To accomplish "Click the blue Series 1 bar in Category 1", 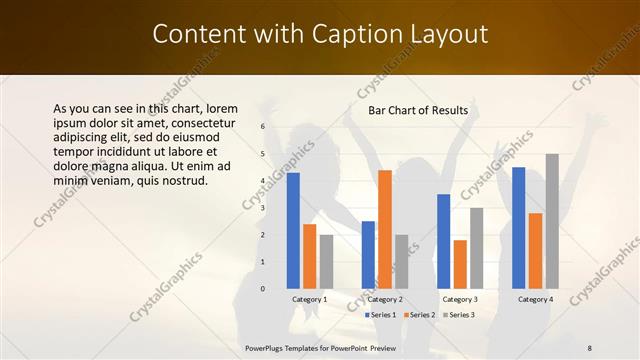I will click(x=293, y=231).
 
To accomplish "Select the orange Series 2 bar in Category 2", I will click(x=385, y=229).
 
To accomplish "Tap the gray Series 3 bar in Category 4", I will click(x=552, y=221).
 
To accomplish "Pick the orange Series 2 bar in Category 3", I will click(x=460, y=264).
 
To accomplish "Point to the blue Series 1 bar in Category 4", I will click(x=518, y=228).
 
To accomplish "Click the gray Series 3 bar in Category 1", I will click(x=327, y=262).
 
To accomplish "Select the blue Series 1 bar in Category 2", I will click(x=368, y=255).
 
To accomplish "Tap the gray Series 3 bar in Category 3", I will click(x=477, y=248).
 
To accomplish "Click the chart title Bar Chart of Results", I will click(x=418, y=110).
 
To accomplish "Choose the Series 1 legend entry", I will click(x=379, y=315).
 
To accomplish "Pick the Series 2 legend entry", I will click(x=417, y=315).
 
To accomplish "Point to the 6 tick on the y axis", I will click(x=262, y=127).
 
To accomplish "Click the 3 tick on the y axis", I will click(x=262, y=208).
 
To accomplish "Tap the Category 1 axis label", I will click(x=310, y=299).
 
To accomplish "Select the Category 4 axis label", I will click(x=535, y=299).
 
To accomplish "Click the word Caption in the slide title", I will click(x=358, y=34).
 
